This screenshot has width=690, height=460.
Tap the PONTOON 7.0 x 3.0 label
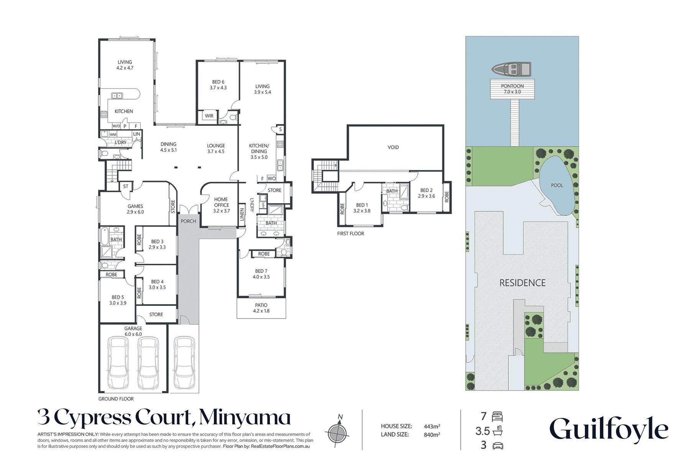pos(512,89)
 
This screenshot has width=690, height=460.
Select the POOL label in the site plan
pos(557,185)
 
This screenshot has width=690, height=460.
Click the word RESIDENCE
pos(522,283)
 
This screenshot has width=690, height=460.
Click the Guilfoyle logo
pos(609,429)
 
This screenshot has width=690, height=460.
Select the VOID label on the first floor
pos(393,147)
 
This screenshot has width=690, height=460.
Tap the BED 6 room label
pos(218,85)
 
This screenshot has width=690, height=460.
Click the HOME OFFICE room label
pos(221,205)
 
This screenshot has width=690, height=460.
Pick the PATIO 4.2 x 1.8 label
pos(261,308)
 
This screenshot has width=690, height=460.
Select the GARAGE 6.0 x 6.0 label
pos(133,331)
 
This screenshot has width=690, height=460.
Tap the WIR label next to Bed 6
pos(209,116)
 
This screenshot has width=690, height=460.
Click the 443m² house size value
pos(432,426)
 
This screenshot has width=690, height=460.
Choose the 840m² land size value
pos(432,435)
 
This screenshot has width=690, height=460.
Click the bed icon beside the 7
pos(497,417)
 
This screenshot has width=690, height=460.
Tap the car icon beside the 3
pos(497,446)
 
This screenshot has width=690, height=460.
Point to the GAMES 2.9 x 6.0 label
pos(135,209)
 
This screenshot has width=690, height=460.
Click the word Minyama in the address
pos(245,418)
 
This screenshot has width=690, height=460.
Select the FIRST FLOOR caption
pos(350,233)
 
